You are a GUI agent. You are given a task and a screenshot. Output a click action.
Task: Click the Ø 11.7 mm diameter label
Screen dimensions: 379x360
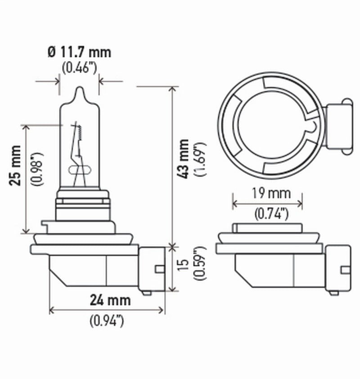click(79, 52)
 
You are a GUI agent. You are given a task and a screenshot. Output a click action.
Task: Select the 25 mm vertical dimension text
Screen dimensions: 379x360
click(15, 172)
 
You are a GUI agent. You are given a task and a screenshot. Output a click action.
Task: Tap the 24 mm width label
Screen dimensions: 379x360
click(110, 299)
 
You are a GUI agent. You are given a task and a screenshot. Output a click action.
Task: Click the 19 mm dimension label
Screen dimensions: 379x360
click(267, 194)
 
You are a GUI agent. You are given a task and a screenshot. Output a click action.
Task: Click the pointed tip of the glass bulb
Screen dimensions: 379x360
click(79, 89)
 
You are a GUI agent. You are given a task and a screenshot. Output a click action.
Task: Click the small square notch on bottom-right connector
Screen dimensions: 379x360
click(345, 269)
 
